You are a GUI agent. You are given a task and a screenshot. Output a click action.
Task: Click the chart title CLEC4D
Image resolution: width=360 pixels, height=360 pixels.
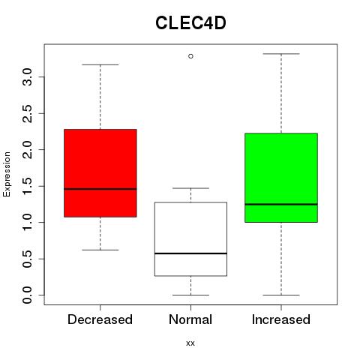tap(190, 23)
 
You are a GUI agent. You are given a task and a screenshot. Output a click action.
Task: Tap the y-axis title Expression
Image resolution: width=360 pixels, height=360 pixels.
tap(7, 174)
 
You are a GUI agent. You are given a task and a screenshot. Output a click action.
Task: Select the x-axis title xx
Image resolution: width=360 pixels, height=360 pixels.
tap(190, 343)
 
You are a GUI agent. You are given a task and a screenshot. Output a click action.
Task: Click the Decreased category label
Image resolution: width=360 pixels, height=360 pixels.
tap(100, 319)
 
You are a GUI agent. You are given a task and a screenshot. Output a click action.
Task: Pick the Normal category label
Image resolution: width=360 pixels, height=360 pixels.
tap(190, 319)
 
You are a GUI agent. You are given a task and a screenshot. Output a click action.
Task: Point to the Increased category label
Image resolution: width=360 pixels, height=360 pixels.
tap(281, 319)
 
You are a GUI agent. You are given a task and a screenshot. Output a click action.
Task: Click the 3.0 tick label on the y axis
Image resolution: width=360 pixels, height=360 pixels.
tap(27, 76)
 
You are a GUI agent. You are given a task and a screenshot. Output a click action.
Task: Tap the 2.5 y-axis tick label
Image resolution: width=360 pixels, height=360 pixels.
tap(27, 113)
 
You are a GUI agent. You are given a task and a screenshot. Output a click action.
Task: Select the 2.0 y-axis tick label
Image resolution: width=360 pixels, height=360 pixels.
tap(27, 149)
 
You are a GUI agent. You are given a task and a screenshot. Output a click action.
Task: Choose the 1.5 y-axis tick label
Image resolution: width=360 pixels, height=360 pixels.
tap(27, 186)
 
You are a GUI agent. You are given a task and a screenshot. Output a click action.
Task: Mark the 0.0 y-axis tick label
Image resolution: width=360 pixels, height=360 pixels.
tap(27, 295)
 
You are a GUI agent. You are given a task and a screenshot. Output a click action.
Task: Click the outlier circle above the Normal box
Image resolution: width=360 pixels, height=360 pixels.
tap(190, 56)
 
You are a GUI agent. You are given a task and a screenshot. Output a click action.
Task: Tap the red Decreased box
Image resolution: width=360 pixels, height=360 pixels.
tap(100, 173)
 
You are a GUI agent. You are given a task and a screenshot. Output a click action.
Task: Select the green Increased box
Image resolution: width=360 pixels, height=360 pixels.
tap(281, 178)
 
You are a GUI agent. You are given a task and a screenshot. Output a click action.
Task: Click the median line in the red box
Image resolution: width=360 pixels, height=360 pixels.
tap(100, 189)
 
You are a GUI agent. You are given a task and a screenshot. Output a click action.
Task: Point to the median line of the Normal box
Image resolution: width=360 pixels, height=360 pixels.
tap(190, 253)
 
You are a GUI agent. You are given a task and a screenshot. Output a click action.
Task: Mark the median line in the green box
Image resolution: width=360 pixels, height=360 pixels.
tap(281, 204)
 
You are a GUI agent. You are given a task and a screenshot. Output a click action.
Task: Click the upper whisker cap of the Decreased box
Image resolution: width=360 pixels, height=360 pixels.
tap(100, 64)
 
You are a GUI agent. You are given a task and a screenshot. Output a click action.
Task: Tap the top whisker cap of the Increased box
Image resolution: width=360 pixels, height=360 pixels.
tap(281, 54)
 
